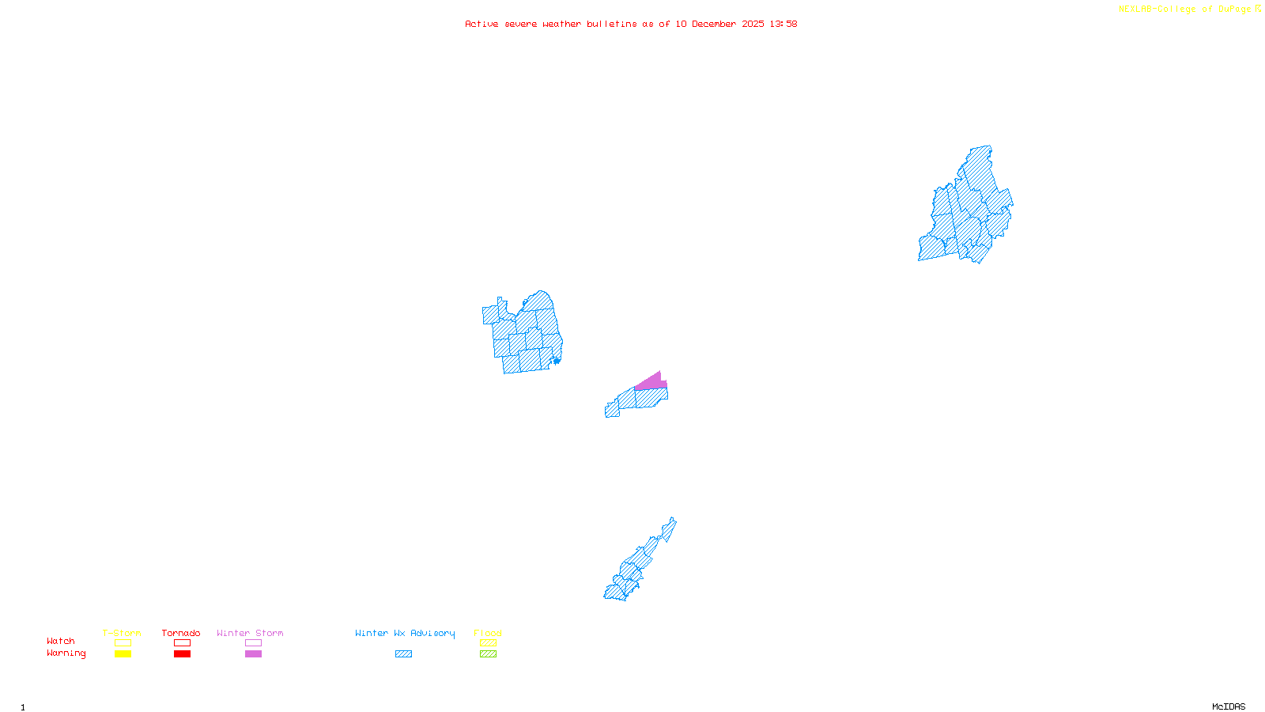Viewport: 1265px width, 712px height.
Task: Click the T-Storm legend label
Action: click(x=122, y=633)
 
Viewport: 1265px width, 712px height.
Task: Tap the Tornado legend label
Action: click(x=181, y=633)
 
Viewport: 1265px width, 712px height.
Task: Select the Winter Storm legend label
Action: click(x=250, y=633)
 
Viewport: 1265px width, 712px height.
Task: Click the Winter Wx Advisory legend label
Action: click(x=405, y=633)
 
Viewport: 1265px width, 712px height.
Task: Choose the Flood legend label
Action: click(x=488, y=633)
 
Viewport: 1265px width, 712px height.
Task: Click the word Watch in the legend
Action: click(x=61, y=641)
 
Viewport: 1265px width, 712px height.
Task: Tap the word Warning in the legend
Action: click(x=66, y=653)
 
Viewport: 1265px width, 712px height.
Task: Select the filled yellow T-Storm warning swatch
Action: click(x=123, y=654)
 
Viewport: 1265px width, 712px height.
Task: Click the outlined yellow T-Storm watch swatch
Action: click(x=123, y=643)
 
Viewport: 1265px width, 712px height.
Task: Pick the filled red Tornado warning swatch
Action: click(x=183, y=654)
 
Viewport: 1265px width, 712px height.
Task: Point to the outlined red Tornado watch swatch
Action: click(x=183, y=643)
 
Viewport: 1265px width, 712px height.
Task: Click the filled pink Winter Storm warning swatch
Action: click(x=253, y=654)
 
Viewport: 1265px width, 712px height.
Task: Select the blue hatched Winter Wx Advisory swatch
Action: click(x=404, y=654)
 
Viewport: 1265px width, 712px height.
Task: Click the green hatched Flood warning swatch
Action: click(x=489, y=654)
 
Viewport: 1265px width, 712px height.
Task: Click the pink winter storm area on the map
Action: click(x=651, y=382)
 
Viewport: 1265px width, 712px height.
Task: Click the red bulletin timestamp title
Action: click(x=631, y=24)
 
